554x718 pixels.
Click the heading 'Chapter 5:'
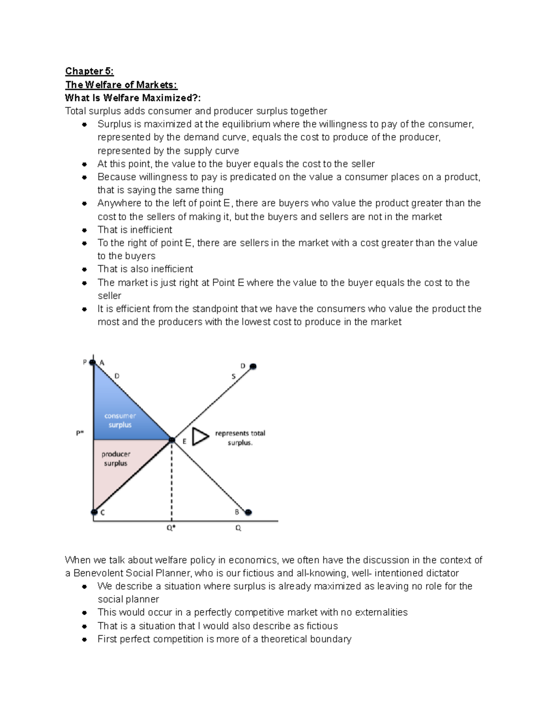click(89, 71)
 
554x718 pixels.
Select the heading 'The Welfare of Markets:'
click(121, 85)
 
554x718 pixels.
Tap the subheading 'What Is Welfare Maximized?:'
click(133, 98)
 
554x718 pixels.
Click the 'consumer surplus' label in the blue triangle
click(120, 420)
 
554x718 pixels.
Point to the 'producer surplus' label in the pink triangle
click(116, 459)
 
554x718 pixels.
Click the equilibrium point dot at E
click(172, 440)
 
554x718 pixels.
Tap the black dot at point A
click(93, 362)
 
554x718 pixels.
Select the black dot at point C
click(94, 512)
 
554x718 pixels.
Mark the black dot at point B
click(248, 512)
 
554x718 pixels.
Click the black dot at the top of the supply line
click(253, 367)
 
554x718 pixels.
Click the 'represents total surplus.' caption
click(240, 438)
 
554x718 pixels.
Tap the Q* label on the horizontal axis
click(171, 528)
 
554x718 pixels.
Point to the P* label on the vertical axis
click(80, 433)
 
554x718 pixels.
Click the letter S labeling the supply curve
click(234, 376)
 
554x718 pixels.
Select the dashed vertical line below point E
click(172, 481)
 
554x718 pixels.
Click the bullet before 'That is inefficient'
click(84, 230)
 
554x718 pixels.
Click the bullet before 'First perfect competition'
click(84, 639)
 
